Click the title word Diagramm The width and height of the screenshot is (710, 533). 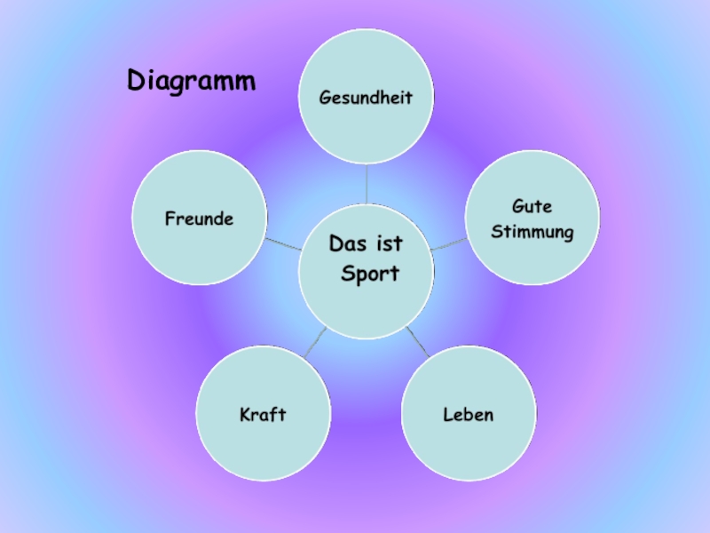click(191, 82)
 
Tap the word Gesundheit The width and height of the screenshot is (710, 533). click(367, 97)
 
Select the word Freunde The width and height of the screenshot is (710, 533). click(199, 218)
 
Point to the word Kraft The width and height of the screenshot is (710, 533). click(263, 415)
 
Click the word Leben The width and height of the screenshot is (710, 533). click(468, 415)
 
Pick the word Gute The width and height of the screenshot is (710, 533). click(532, 206)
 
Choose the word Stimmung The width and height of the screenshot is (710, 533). click(532, 233)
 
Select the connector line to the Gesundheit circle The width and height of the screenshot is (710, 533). click(367, 185)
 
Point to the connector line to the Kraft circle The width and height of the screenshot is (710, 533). click(316, 343)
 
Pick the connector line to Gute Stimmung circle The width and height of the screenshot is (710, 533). click(449, 243)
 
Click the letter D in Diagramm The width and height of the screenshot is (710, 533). click(137, 81)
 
